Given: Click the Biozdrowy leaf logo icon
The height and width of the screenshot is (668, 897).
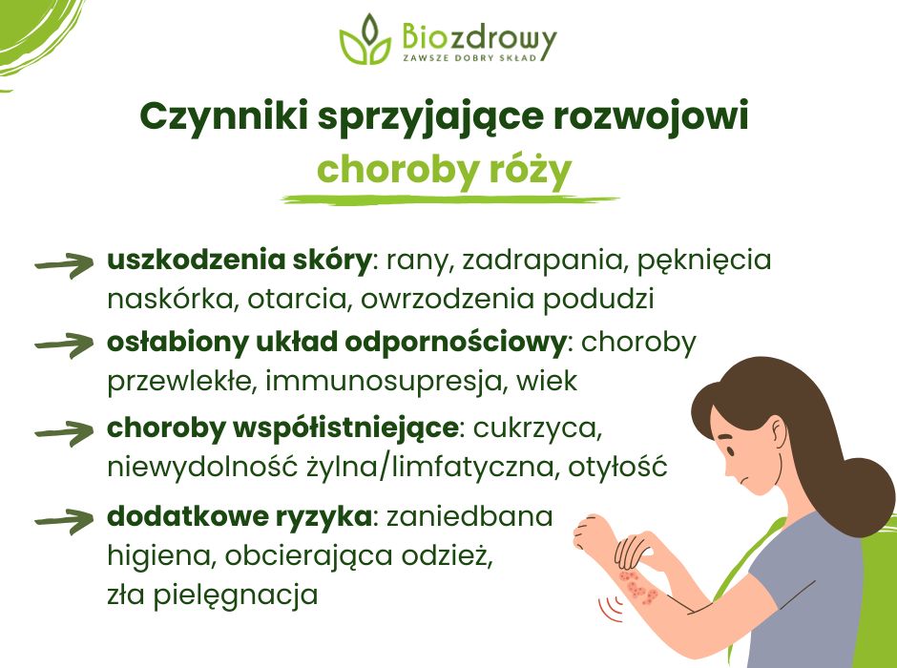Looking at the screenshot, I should [x=365, y=41].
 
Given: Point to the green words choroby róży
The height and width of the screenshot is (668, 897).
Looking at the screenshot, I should [x=444, y=170].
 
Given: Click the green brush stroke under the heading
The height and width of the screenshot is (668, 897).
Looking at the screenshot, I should [x=448, y=199].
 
